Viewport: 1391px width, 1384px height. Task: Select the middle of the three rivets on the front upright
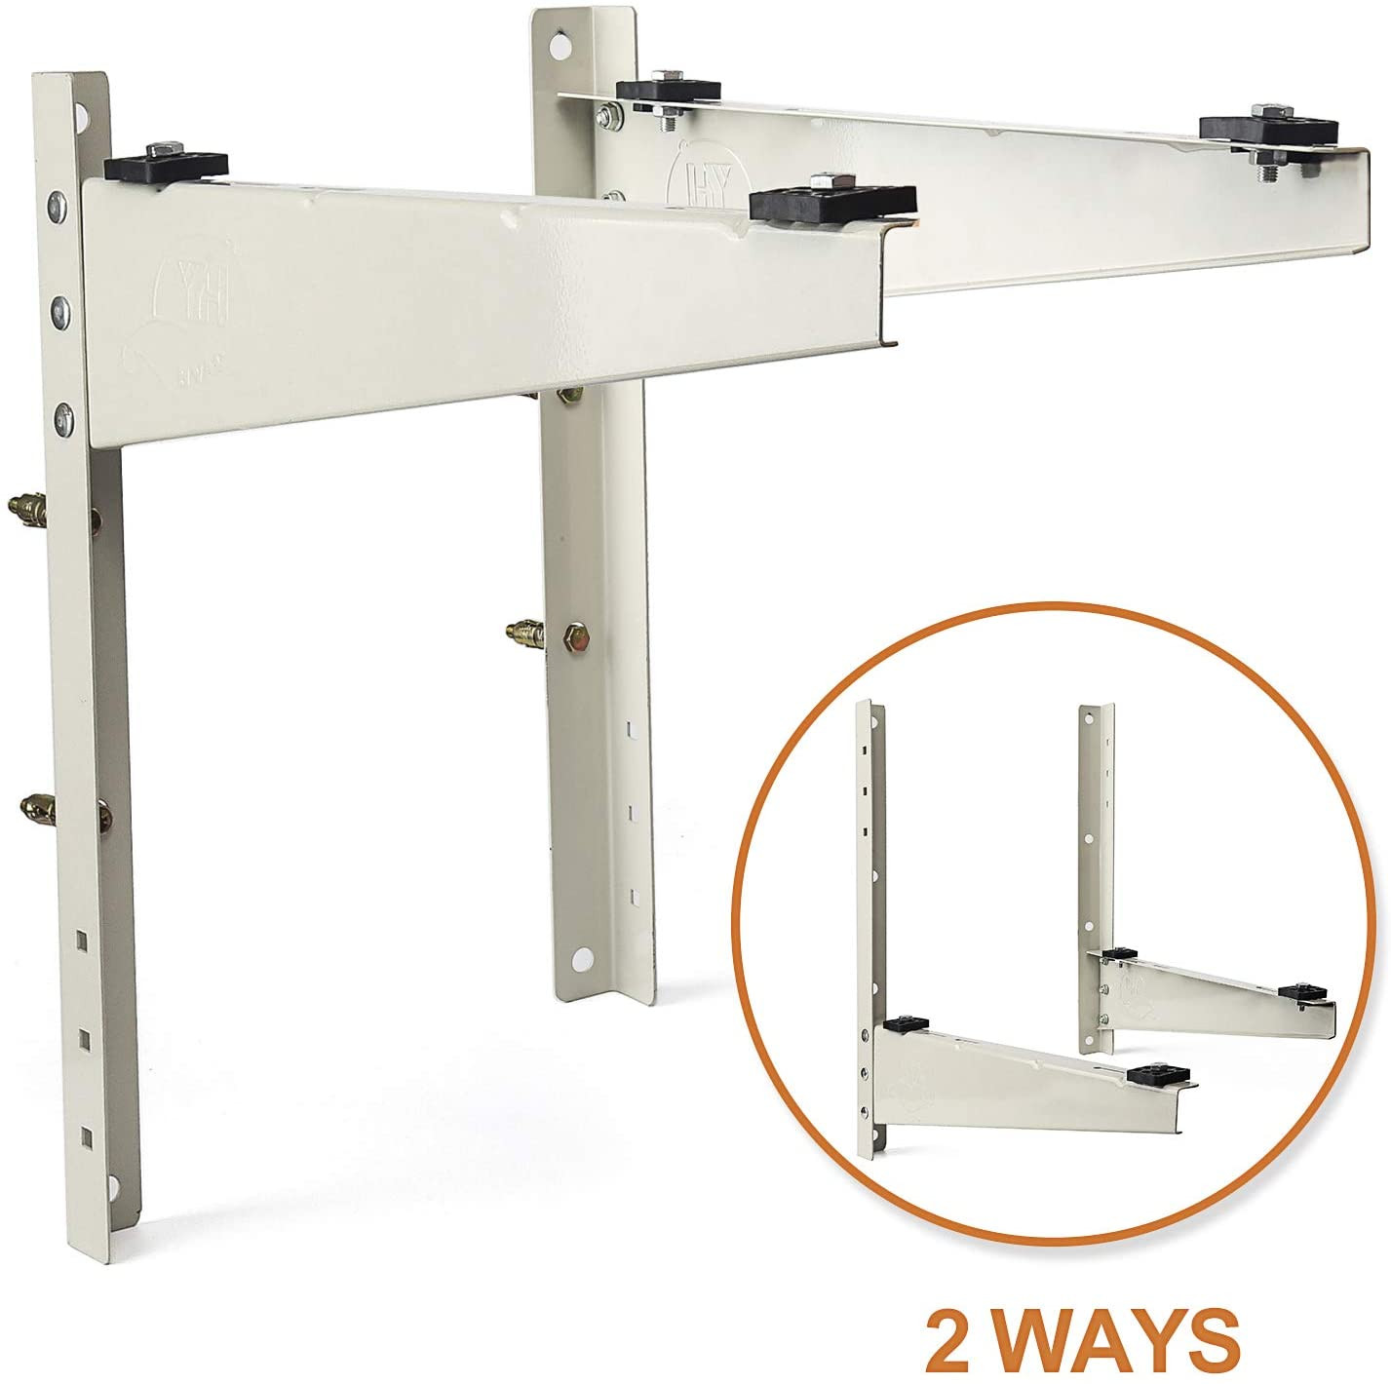(x=61, y=311)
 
